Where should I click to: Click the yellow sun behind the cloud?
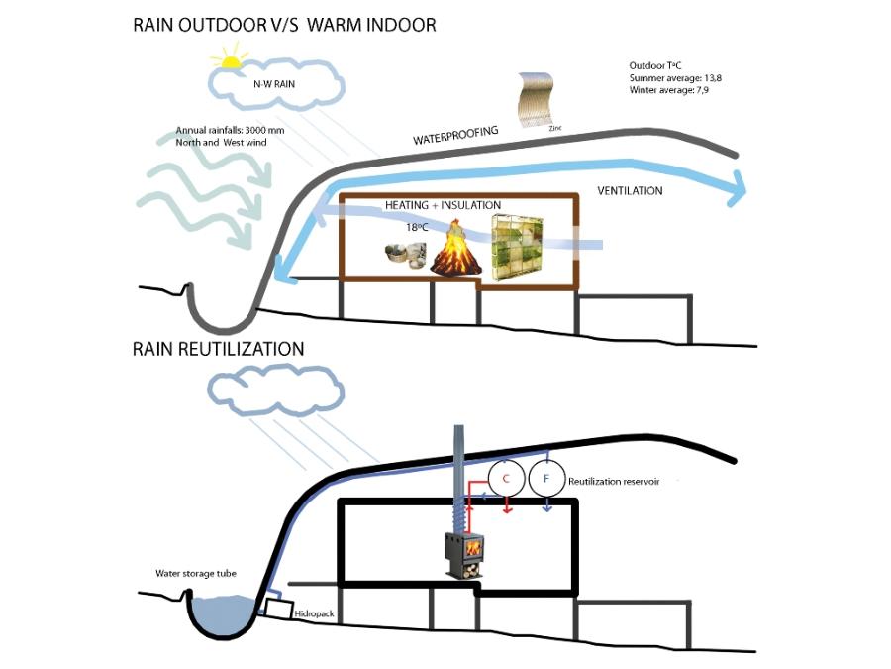(x=230, y=60)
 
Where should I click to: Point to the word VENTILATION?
(x=630, y=190)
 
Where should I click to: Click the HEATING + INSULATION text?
(x=443, y=205)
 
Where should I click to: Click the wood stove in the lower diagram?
(x=464, y=551)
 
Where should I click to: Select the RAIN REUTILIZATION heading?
(x=218, y=349)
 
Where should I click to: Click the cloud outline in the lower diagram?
(x=268, y=388)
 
